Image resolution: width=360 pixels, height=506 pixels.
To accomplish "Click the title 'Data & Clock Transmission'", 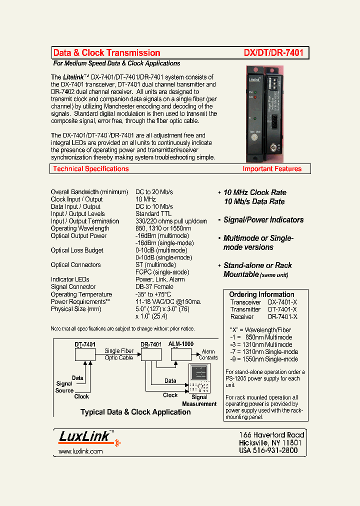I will [x=106, y=53].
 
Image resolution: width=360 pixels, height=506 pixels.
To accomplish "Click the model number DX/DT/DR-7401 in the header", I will [x=273, y=53].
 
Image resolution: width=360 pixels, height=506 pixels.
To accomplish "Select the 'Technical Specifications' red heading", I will [x=91, y=169].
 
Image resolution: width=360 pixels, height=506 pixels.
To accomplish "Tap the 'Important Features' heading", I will [x=272, y=169].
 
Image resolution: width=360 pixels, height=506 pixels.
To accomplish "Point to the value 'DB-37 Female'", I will [x=154, y=287].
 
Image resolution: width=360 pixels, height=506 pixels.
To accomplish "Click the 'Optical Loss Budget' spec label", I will [x=77, y=250].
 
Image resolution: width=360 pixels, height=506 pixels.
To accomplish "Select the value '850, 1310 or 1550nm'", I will [x=163, y=228].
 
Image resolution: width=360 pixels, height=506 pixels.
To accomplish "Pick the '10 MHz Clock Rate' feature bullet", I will [x=254, y=192].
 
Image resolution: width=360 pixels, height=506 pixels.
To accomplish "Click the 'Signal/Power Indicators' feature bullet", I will [x=263, y=220].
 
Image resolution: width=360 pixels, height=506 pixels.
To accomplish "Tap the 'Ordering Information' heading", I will [x=261, y=294].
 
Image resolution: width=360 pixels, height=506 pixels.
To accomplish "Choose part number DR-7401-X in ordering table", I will [x=282, y=317].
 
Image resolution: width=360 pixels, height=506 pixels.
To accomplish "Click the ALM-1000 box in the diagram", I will [x=180, y=354].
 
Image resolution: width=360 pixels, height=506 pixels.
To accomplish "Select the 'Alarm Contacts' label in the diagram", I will [x=208, y=354].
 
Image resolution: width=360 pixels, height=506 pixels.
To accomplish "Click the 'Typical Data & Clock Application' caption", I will [x=135, y=412].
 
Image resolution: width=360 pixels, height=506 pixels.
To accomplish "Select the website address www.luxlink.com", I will [x=80, y=451].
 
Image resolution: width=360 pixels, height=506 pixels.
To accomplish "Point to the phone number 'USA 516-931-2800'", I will [x=268, y=450].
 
